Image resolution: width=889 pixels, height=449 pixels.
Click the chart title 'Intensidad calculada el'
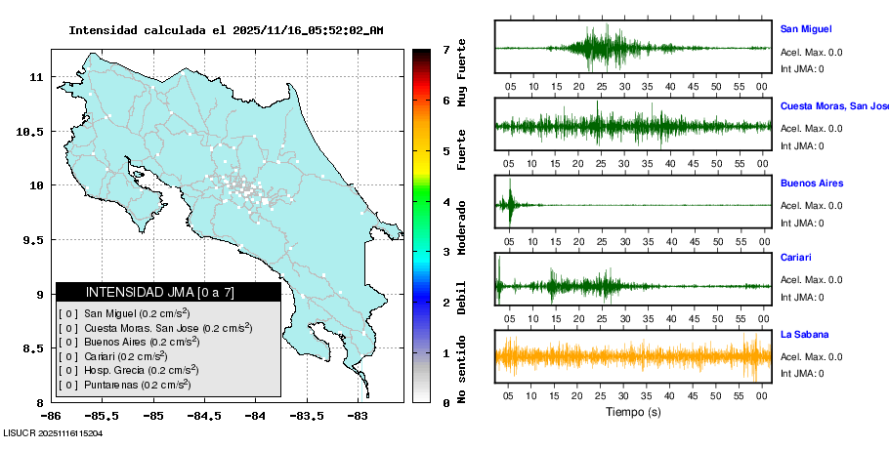click(x=148, y=30)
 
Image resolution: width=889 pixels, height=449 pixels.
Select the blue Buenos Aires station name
click(x=811, y=184)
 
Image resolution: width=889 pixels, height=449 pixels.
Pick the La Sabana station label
click(x=803, y=335)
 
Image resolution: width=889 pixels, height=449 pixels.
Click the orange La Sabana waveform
click(x=633, y=356)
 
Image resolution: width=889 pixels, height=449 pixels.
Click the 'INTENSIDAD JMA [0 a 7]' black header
click(x=168, y=292)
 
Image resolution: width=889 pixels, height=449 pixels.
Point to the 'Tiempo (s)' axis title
click(x=633, y=412)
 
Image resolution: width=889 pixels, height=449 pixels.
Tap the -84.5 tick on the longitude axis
click(x=204, y=416)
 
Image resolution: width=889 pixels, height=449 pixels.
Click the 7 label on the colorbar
click(x=445, y=49)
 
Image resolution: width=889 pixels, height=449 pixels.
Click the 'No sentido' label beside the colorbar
click(x=463, y=368)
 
